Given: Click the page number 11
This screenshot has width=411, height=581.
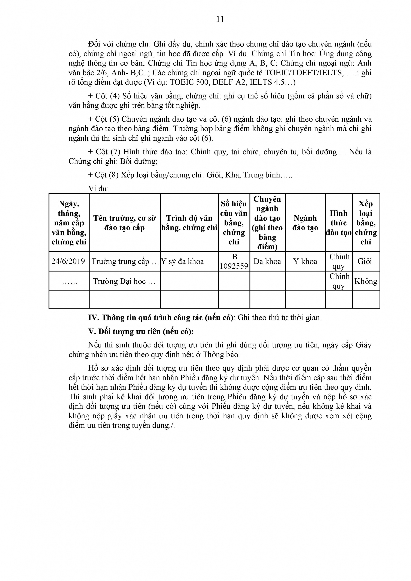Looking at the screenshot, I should point(220,19).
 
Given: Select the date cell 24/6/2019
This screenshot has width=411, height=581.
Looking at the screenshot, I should point(68,261).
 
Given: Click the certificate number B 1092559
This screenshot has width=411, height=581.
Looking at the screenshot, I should point(234,261).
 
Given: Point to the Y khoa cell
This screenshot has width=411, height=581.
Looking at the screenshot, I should point(305,261).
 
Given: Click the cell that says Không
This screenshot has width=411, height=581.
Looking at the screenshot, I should point(366,281).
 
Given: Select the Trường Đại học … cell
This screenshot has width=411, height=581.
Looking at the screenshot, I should point(124,281).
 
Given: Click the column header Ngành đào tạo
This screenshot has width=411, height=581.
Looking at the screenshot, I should point(305,223).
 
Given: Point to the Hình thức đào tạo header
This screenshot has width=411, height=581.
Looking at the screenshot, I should point(339,223).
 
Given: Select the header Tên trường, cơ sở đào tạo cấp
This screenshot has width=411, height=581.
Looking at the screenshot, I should point(125,223).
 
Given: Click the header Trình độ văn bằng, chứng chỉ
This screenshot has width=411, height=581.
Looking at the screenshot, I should point(189,223).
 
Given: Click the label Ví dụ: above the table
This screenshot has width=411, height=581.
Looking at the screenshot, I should point(98,189).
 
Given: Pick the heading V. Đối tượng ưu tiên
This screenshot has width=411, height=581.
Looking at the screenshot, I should point(141,331).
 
